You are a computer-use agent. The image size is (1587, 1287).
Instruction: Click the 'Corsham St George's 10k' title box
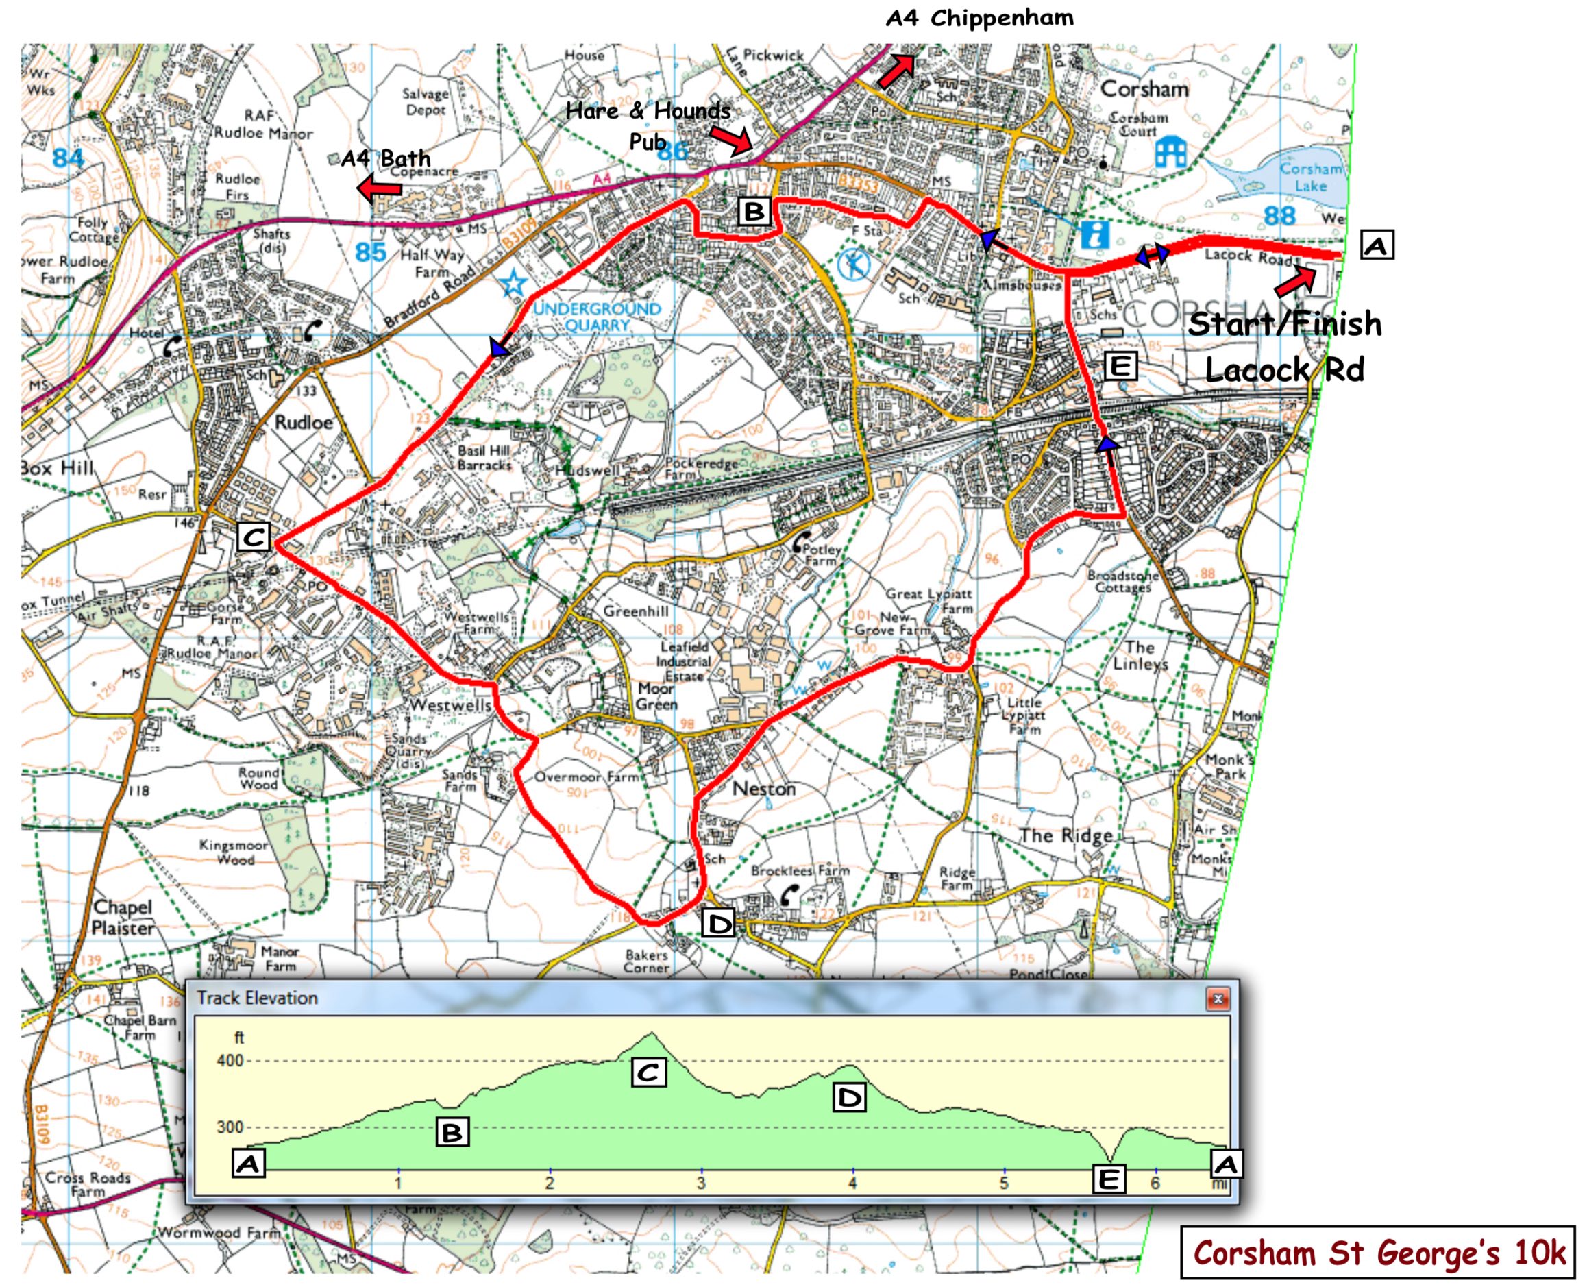click(x=1378, y=1253)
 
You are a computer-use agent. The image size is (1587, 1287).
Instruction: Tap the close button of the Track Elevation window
click(x=1217, y=998)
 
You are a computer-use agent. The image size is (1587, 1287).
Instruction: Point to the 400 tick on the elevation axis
click(x=230, y=1060)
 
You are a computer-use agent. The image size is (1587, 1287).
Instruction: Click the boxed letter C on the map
click(x=254, y=537)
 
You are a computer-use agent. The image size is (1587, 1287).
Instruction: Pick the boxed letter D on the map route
click(x=718, y=924)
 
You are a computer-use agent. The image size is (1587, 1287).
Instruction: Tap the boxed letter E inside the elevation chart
click(x=1109, y=1179)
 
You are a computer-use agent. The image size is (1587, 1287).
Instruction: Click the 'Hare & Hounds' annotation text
click(x=647, y=111)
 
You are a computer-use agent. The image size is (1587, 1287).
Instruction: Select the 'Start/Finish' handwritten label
click(x=1285, y=325)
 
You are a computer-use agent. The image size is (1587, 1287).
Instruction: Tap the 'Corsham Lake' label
click(x=1311, y=176)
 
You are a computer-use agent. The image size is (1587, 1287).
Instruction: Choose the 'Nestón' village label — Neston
click(x=763, y=788)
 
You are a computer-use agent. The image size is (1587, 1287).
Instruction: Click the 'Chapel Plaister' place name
click(x=123, y=917)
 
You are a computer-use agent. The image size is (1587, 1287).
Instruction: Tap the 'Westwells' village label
click(x=451, y=704)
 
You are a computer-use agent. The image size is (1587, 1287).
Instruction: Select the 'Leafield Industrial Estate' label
click(x=684, y=661)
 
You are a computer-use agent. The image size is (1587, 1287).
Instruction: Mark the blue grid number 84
click(x=69, y=157)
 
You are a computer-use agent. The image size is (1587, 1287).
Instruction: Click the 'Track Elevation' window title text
click(x=257, y=998)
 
